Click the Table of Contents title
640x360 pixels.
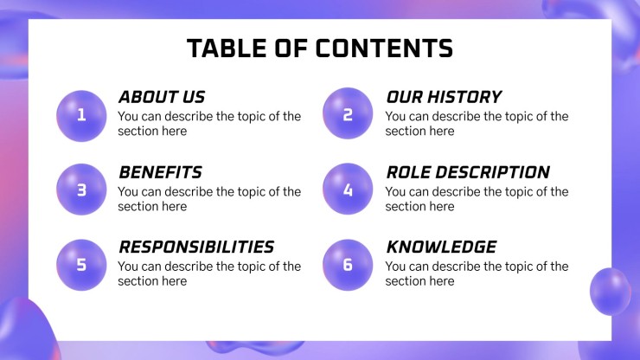click(319, 48)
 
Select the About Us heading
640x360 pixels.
click(162, 97)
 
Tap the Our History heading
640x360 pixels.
click(443, 97)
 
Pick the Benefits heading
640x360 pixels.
click(160, 172)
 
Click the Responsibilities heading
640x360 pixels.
click(195, 247)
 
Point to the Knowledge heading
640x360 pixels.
click(441, 247)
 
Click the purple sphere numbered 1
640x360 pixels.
click(81, 114)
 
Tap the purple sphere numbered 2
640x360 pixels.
click(348, 114)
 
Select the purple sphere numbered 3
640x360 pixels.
click(81, 190)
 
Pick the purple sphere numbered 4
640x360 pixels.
click(348, 190)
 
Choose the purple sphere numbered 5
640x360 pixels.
click(81, 265)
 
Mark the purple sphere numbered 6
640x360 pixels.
click(348, 265)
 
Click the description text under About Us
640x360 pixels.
click(208, 124)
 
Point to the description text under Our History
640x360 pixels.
click(476, 124)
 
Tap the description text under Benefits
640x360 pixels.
click(208, 199)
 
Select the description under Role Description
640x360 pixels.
click(476, 199)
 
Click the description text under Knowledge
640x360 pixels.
click(476, 274)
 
